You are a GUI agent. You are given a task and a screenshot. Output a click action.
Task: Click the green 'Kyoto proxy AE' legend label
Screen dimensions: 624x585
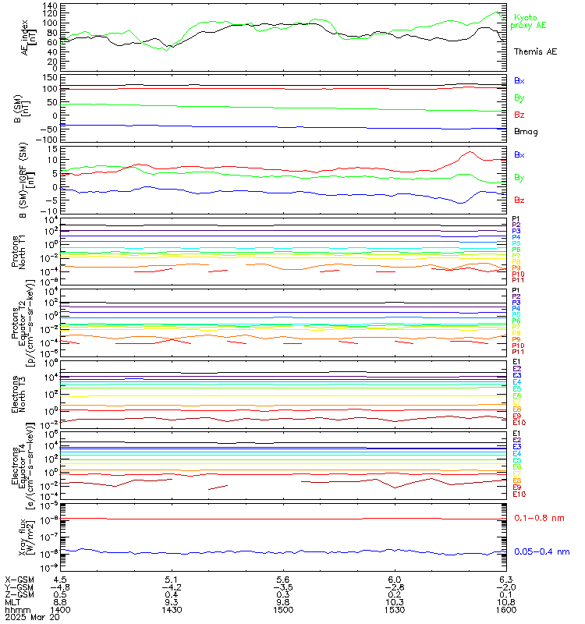530,21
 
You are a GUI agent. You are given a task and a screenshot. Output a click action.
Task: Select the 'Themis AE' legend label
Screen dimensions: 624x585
535,51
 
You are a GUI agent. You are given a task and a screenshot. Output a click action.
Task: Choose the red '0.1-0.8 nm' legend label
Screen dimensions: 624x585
539,518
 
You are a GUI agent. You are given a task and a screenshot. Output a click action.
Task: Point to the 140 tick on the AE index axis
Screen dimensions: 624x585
49,5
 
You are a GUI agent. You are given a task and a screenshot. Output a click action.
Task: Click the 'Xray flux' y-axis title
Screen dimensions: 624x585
28,537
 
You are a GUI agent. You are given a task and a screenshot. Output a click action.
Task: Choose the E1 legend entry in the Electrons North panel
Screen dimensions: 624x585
516,363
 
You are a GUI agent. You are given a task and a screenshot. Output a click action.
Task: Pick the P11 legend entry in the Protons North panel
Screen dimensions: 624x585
519,280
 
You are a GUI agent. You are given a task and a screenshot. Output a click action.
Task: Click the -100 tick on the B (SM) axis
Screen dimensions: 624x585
44,139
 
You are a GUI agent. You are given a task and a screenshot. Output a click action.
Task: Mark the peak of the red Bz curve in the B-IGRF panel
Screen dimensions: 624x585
469,153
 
